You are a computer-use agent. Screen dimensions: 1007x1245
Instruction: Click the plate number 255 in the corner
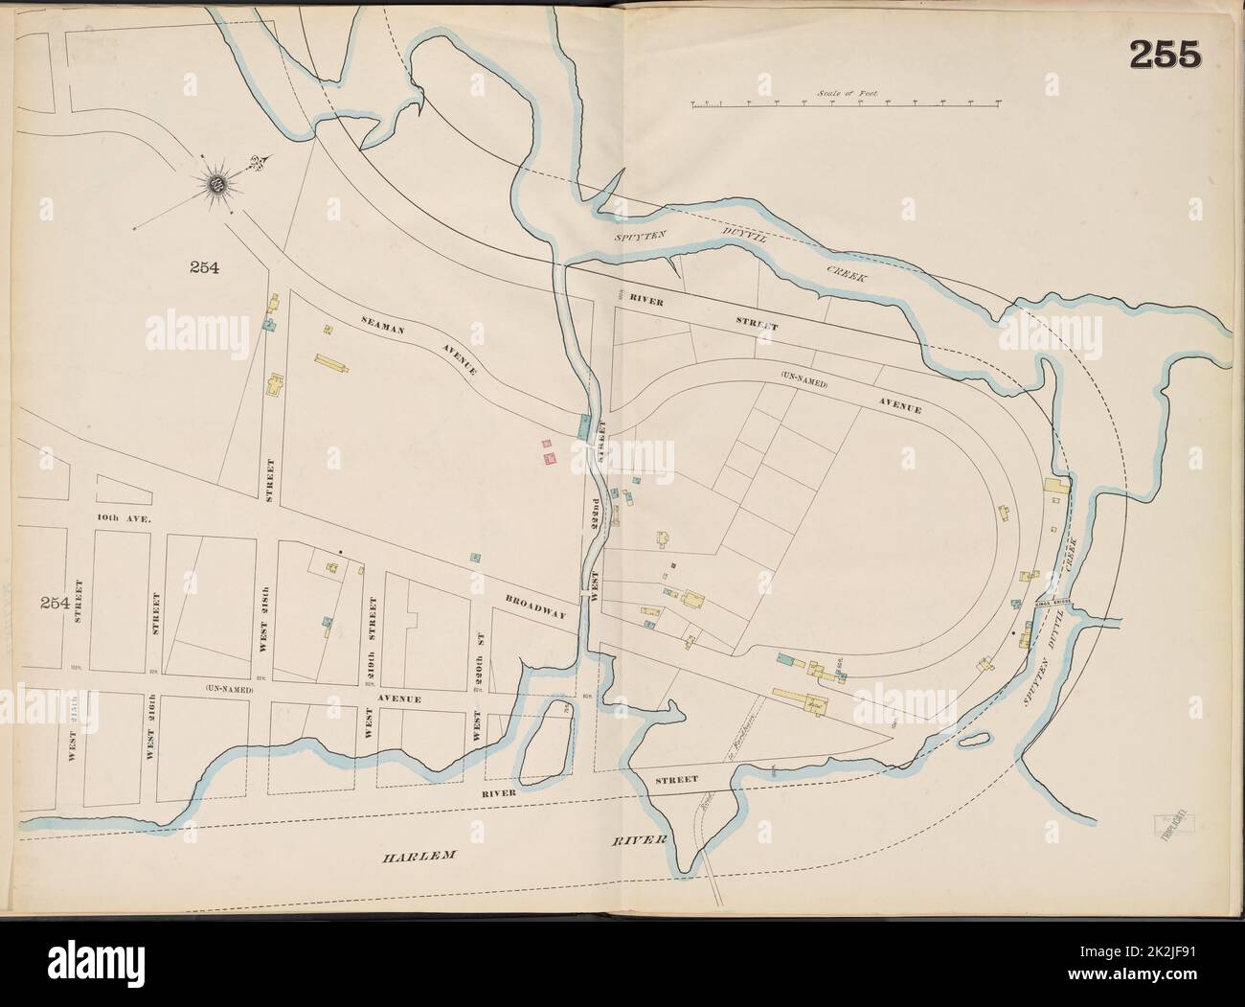pyautogui.click(x=1165, y=56)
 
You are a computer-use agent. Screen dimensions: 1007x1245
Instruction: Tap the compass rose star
pyautogui.click(x=217, y=182)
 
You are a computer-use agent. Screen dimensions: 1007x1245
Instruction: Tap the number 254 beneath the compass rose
pyautogui.click(x=203, y=268)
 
